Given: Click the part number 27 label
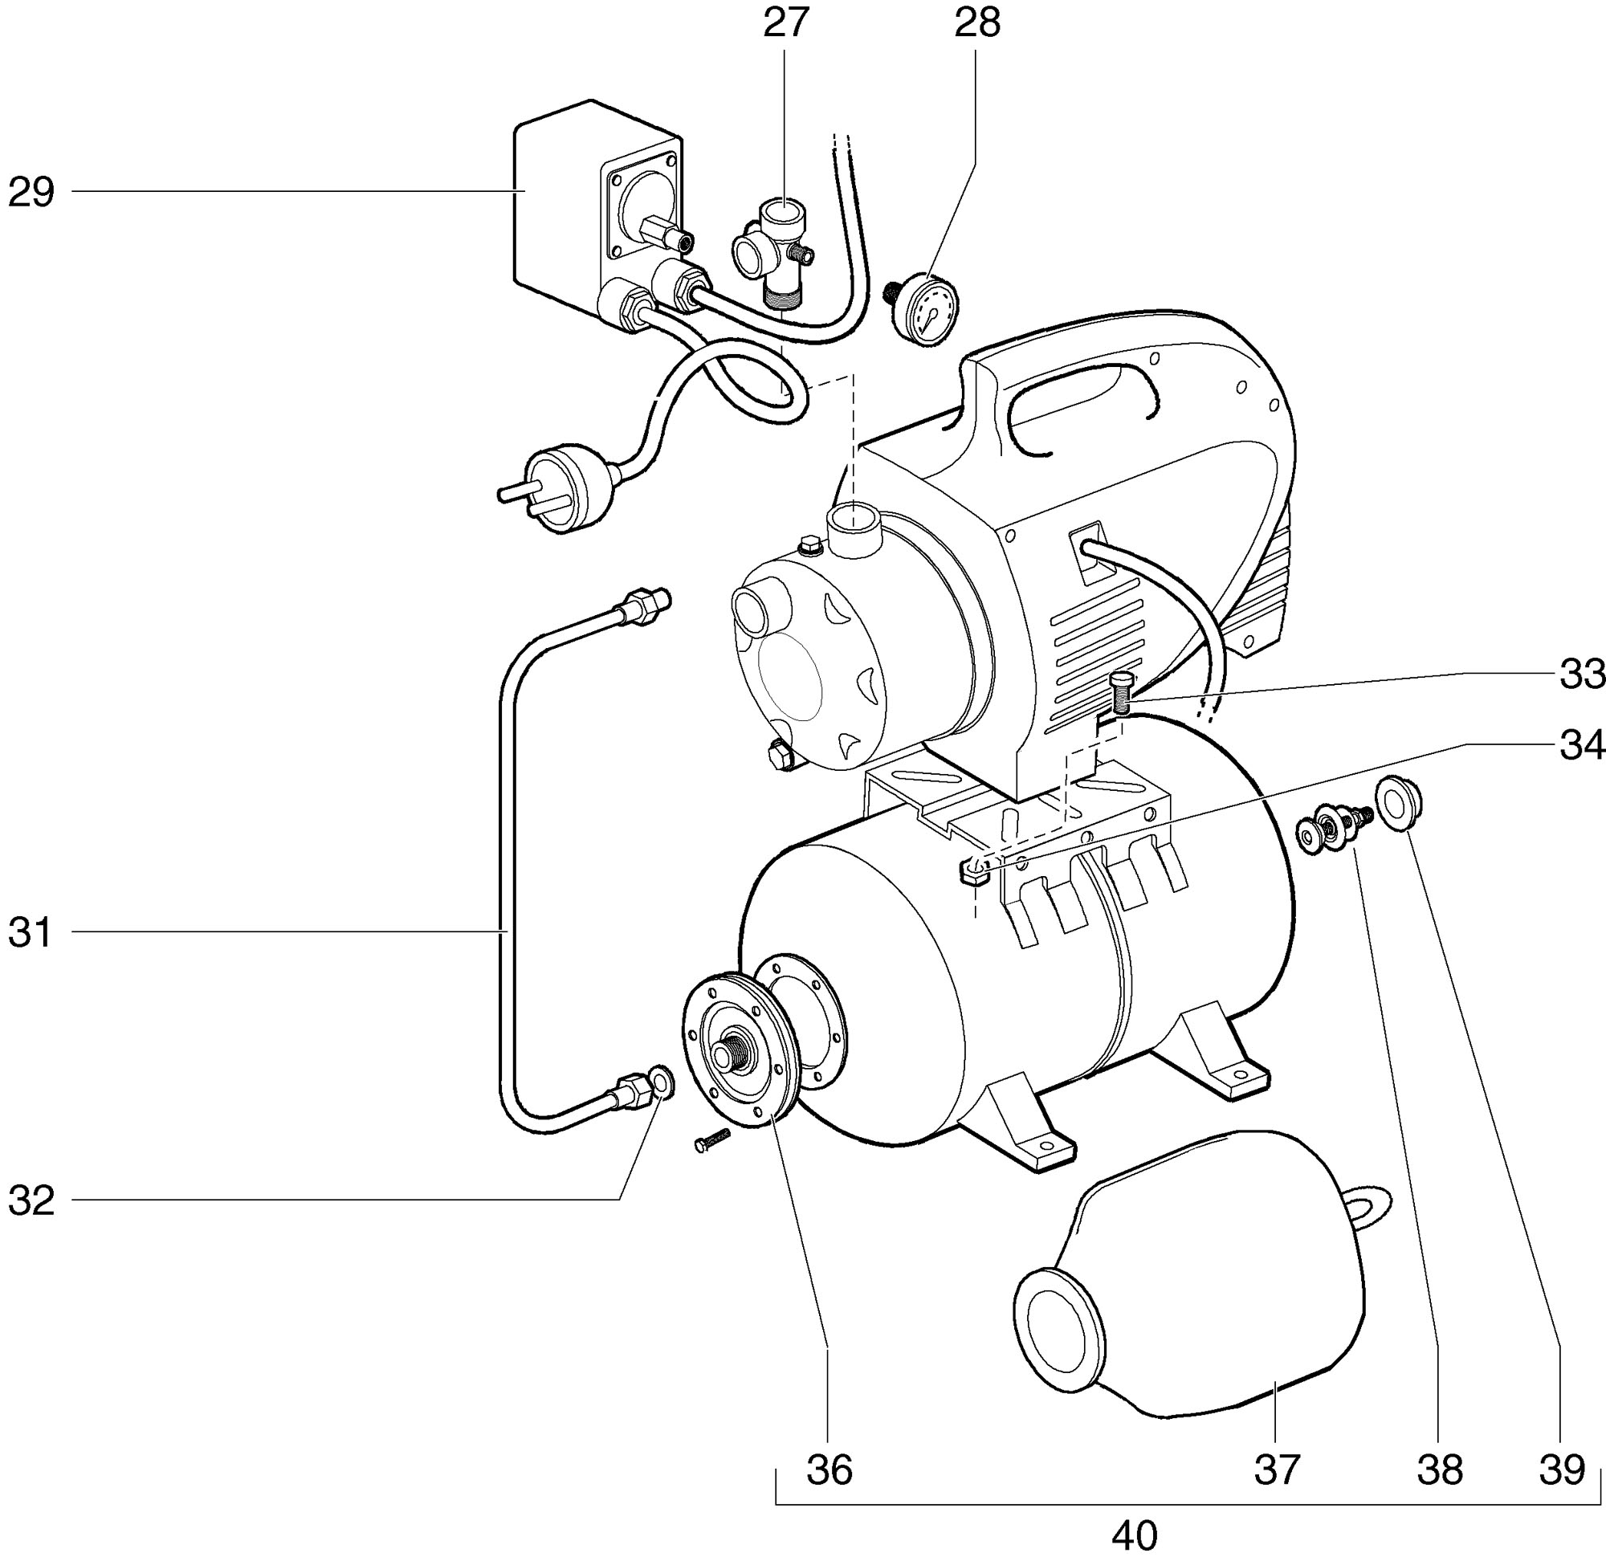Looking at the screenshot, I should (786, 23).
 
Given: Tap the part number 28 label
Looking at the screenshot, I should (977, 23).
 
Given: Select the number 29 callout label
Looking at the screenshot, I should (31, 193).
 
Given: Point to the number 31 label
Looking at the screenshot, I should (31, 932).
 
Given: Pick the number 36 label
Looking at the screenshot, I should (829, 1470).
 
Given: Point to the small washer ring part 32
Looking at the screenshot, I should (662, 1082).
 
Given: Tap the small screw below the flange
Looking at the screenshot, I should (711, 1141).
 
